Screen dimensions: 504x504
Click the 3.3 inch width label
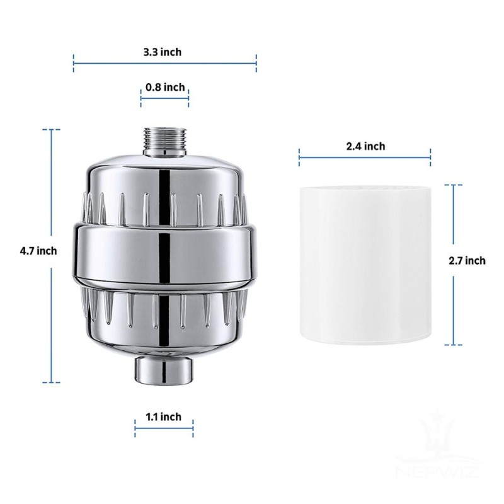(x=162, y=52)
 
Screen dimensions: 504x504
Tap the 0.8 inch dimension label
(x=165, y=88)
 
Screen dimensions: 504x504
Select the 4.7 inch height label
(x=39, y=251)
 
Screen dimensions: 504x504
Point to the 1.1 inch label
(x=163, y=416)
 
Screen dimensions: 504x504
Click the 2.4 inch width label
(x=365, y=146)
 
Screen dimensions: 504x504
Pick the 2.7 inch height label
(x=467, y=261)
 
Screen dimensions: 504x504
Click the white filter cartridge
(x=365, y=265)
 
